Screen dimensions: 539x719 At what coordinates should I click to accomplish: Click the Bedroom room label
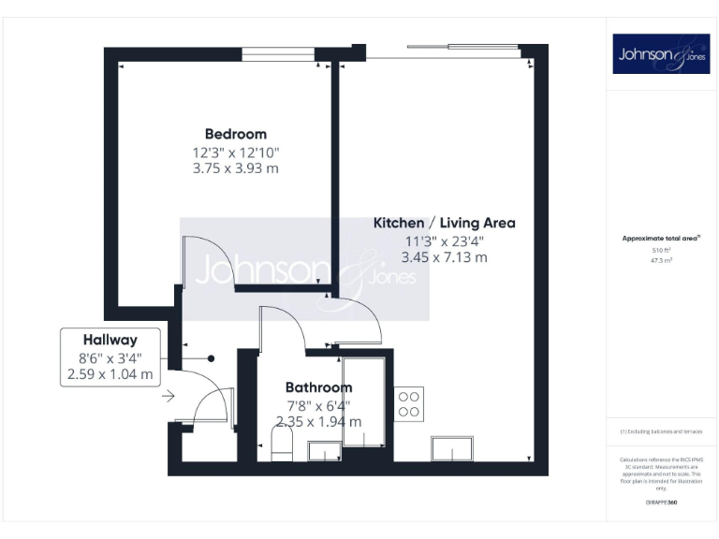coord(236,134)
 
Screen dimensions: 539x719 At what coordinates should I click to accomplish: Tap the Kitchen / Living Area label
coord(444,223)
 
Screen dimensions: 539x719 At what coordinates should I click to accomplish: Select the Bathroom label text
coord(318,387)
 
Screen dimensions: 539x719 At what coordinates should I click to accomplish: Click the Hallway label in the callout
coord(110,341)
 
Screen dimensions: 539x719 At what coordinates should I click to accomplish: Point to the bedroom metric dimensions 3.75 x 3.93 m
coord(236,169)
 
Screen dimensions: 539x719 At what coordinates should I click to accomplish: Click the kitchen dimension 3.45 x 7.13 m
coord(444,257)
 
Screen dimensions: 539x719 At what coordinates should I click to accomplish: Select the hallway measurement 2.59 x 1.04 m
coord(110,374)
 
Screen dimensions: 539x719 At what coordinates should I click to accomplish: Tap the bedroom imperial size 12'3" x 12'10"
coord(236,152)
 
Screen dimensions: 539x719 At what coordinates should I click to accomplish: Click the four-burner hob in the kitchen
coord(409,403)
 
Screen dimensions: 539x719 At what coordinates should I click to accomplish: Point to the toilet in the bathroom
coord(282,443)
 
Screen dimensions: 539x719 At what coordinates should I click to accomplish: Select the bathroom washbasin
coord(324,454)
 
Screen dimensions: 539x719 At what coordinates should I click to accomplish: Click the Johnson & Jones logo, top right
coord(661,54)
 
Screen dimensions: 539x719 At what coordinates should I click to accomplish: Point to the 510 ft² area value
coord(661,251)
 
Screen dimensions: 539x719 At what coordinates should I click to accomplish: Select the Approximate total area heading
coord(661,239)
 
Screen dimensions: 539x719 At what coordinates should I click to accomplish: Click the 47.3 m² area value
coord(661,261)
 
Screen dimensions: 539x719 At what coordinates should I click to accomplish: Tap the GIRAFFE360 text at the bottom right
coord(661,504)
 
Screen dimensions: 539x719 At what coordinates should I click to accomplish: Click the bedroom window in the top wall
coord(278,55)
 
